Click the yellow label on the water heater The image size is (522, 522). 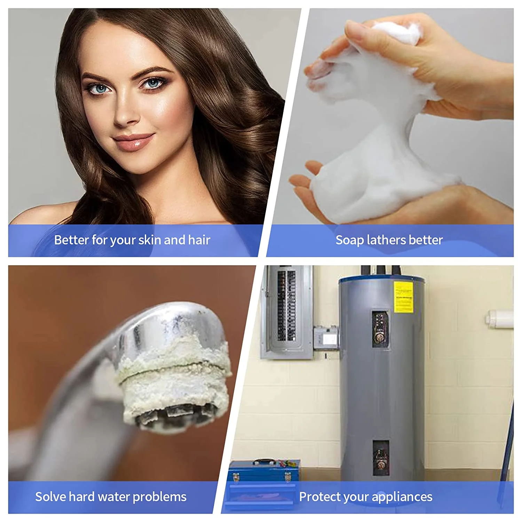(403, 297)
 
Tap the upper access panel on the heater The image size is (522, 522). (380, 329)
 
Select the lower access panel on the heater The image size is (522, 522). (380, 458)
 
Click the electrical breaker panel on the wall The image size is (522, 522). (287, 311)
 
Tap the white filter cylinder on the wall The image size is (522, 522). (500, 319)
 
